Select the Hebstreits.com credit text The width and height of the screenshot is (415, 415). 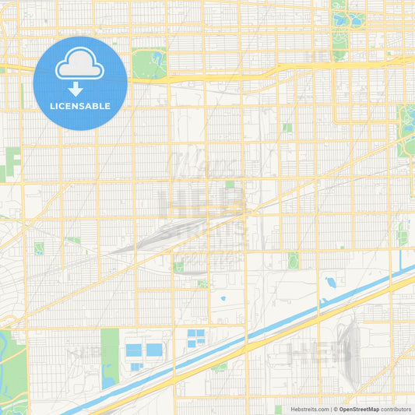(x=306, y=409)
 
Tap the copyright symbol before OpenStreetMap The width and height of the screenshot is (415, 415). (x=336, y=409)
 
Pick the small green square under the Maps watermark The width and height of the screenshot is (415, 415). (x=230, y=185)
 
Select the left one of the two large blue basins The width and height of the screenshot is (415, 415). (x=134, y=350)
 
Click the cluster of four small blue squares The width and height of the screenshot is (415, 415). (x=195, y=337)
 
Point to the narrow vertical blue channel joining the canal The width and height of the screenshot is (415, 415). (x=401, y=262)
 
